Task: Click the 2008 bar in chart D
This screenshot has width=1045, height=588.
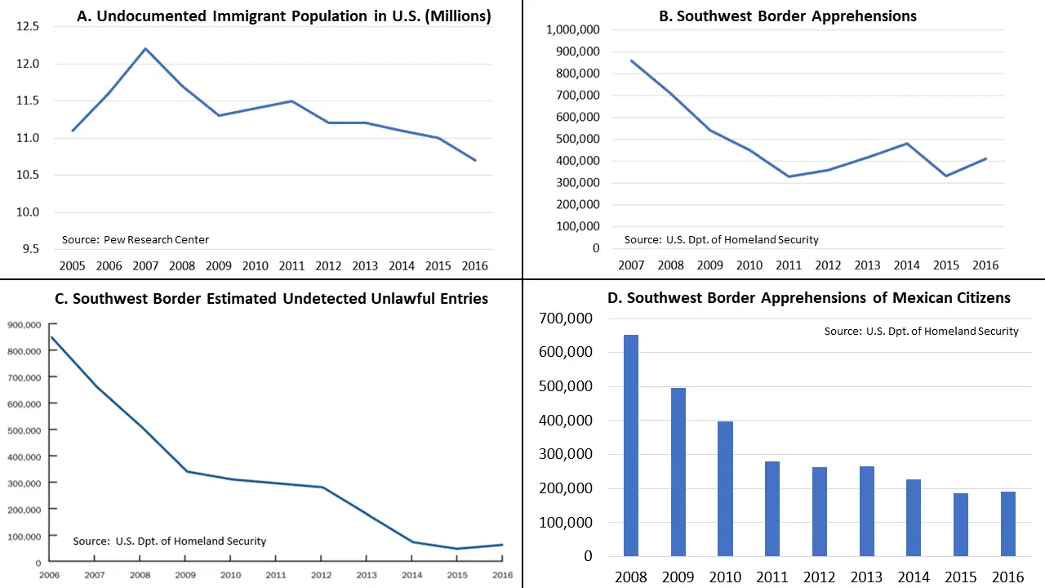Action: coord(631,445)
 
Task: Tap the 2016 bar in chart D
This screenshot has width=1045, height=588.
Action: coord(1008,523)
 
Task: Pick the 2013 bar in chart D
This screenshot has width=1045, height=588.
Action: coord(867,510)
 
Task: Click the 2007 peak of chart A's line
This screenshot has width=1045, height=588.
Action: coord(145,48)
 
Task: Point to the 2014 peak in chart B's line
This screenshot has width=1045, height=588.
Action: coord(906,144)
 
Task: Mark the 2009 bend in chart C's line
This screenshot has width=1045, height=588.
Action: coord(187,471)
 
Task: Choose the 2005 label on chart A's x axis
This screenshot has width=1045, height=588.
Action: coord(73,265)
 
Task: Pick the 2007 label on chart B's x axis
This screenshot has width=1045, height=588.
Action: coord(631,265)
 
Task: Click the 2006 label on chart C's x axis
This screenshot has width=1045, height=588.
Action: coord(51,576)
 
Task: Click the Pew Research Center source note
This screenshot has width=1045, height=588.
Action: coord(136,239)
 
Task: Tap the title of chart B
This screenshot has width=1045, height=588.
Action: coord(796,16)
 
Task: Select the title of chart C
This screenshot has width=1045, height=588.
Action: coord(272,298)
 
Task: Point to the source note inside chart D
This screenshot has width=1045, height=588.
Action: coord(921,331)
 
